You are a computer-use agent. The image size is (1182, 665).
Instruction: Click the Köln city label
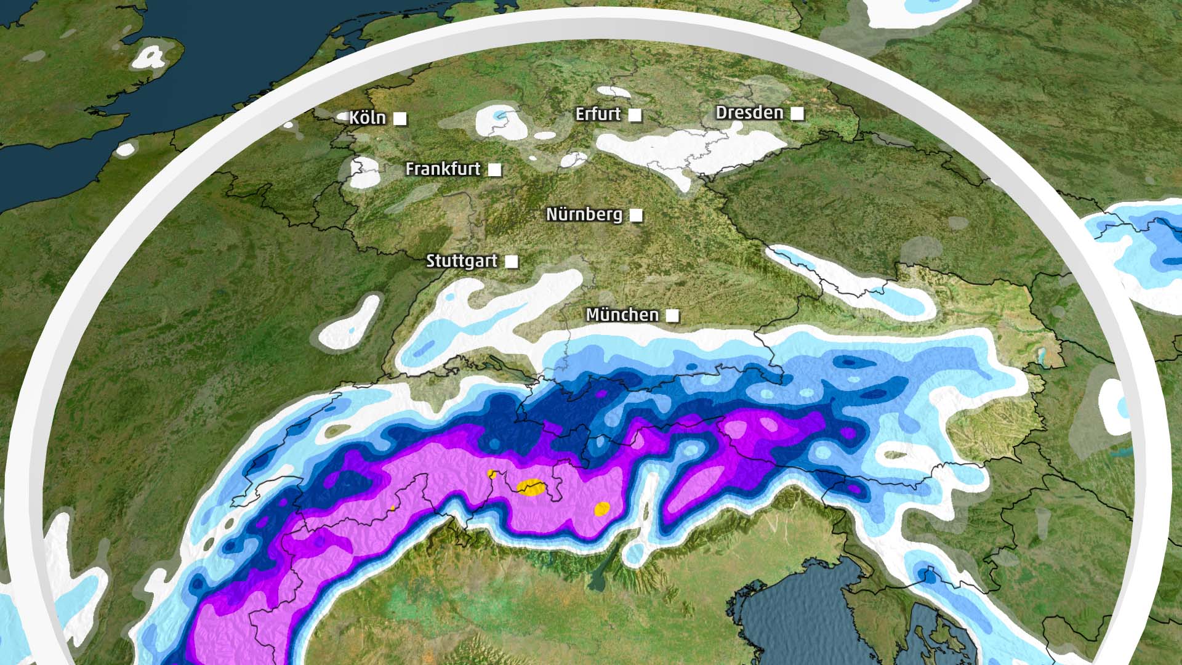[x=368, y=118]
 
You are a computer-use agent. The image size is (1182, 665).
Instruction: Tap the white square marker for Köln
[x=400, y=119]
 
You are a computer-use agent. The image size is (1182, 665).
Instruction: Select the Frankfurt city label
[x=443, y=169]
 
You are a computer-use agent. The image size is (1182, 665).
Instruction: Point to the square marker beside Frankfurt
[x=494, y=169]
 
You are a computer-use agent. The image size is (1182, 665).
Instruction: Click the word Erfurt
[x=598, y=114]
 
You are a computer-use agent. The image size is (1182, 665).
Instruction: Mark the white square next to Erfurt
[x=635, y=115]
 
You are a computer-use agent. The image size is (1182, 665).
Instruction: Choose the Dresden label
[x=749, y=113]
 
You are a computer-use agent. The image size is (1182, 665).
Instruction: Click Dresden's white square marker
[x=797, y=113]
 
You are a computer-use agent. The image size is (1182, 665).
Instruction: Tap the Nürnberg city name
[x=584, y=214]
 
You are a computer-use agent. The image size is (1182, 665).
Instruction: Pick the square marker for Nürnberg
[x=637, y=215]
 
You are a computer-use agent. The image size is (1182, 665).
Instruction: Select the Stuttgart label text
[x=462, y=261]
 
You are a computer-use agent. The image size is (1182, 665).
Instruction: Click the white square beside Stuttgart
[x=511, y=262]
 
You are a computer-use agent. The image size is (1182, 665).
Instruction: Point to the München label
[x=622, y=315]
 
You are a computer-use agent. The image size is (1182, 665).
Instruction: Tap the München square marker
[x=673, y=316]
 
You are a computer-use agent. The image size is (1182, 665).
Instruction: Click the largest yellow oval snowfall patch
[x=530, y=487]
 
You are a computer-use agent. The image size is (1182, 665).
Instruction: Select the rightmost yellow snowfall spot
[x=601, y=509]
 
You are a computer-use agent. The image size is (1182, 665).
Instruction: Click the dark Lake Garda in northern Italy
[x=597, y=579]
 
